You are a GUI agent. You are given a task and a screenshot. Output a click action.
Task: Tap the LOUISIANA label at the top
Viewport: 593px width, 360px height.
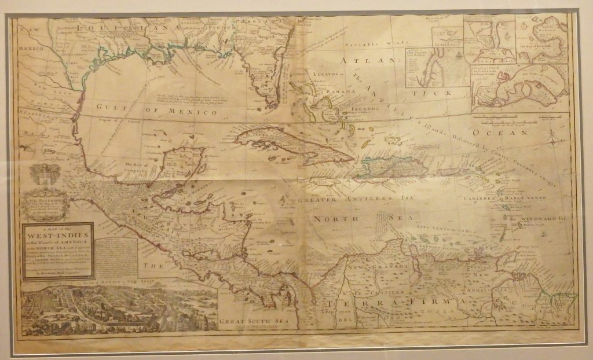pyautogui.click(x=127, y=27)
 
